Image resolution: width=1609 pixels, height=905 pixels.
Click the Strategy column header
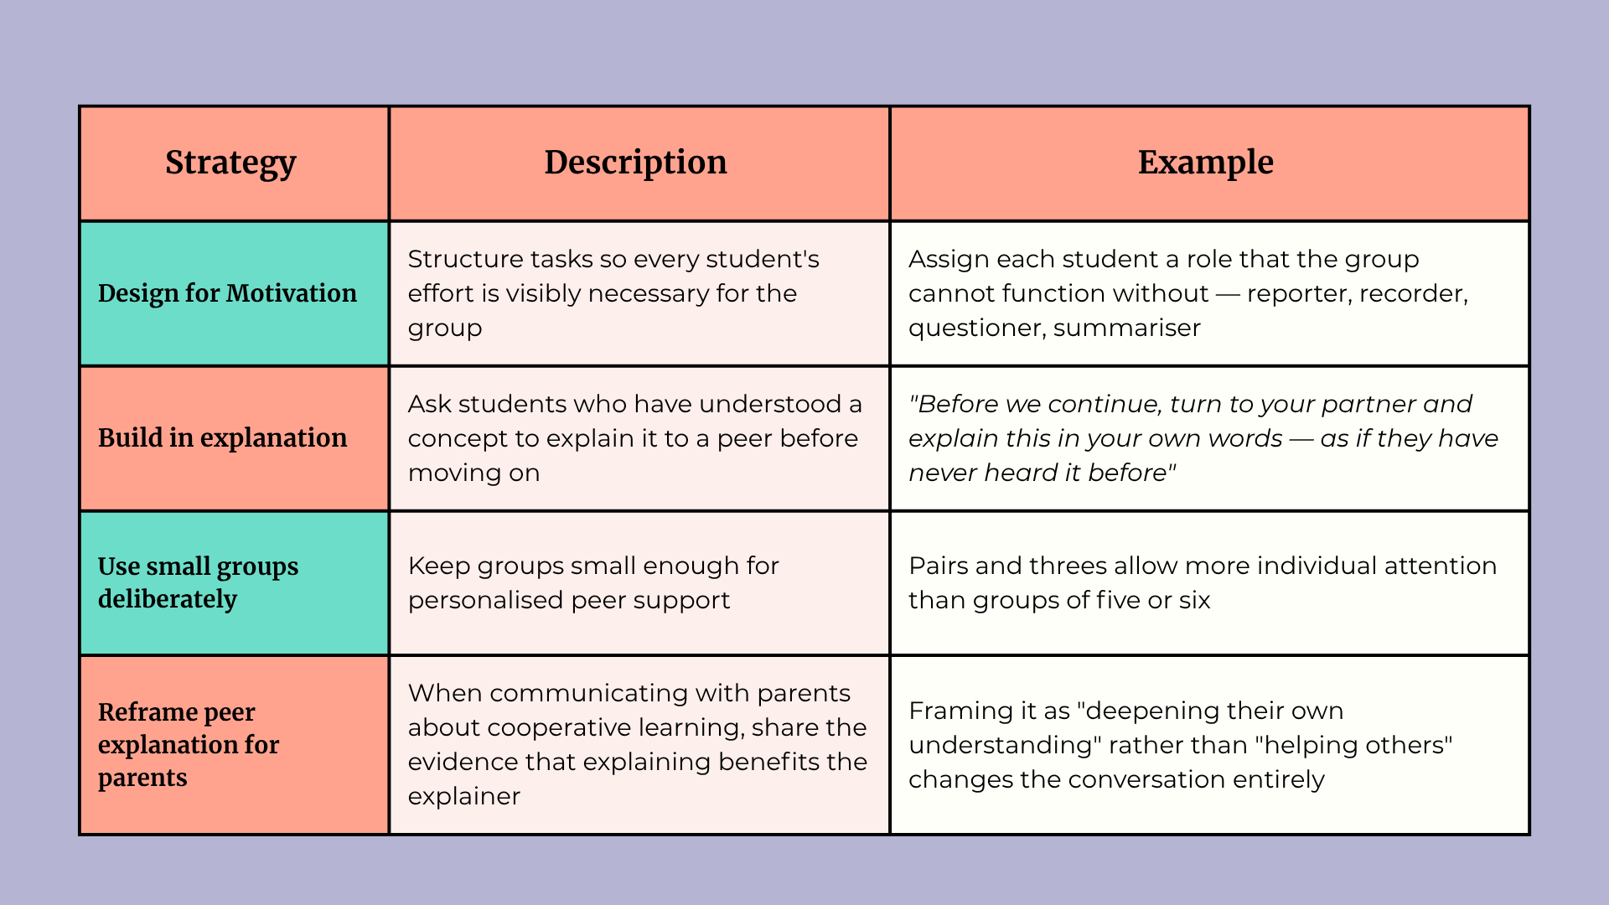(230, 163)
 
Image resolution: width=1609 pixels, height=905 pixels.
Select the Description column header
(636, 163)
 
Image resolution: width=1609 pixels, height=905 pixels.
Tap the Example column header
(1205, 163)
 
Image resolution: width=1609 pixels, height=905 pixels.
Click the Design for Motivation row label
(227, 293)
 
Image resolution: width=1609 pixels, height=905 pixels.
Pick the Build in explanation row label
(222, 438)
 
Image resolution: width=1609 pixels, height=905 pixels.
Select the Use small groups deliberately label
(198, 582)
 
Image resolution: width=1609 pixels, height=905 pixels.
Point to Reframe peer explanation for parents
(189, 744)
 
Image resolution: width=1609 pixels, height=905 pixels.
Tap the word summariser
(1126, 328)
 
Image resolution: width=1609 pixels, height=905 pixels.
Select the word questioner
(977, 328)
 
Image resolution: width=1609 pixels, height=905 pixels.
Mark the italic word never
(942, 473)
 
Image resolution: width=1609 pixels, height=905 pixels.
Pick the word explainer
(464, 797)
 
